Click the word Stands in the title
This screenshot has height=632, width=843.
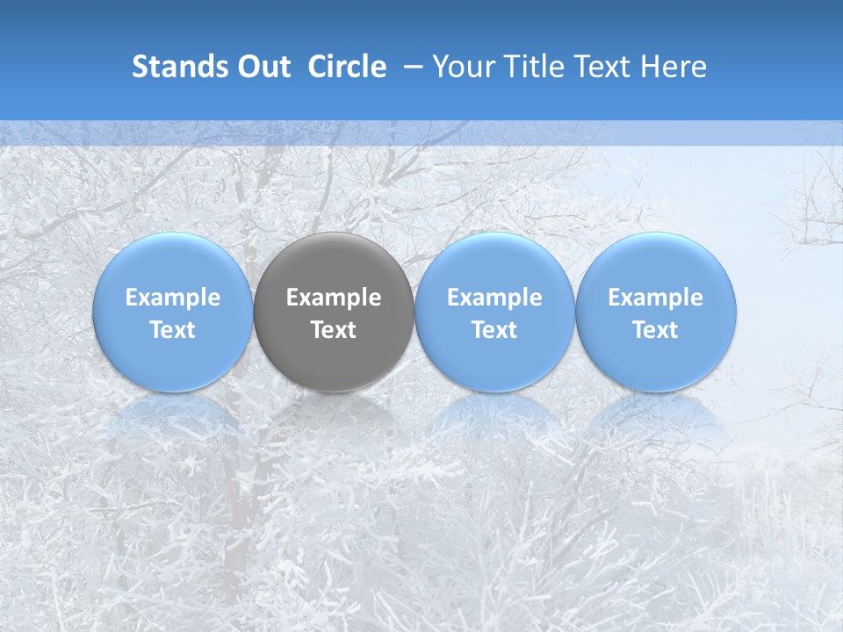(173, 67)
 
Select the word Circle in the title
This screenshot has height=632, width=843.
(347, 67)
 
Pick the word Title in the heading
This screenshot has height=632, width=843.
(530, 67)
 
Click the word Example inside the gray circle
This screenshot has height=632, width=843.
(334, 298)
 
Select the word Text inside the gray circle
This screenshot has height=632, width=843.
(334, 330)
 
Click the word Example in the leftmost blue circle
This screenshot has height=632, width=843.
(173, 298)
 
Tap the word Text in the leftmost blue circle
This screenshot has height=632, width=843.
(173, 330)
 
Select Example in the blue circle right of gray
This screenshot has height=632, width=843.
(494, 298)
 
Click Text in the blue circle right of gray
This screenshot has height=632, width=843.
(494, 330)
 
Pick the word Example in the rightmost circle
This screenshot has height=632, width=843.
(656, 298)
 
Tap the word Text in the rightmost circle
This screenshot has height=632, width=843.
(656, 330)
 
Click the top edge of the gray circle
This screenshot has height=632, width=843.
(334, 233)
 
